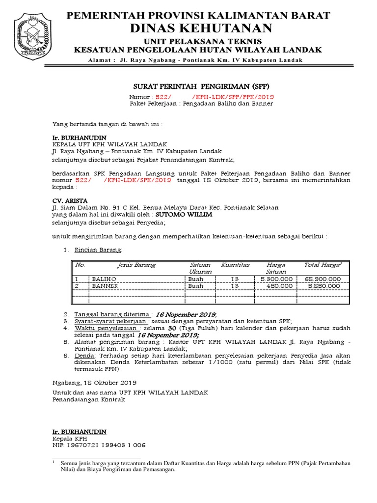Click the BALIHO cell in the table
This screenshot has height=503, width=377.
pos(103,279)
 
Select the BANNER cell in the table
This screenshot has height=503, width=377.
pos(105,286)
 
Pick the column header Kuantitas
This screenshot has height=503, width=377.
pos(235,265)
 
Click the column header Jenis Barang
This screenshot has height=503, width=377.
pos(135,265)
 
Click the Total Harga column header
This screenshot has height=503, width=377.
pos(323,265)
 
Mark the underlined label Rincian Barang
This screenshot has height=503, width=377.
pos(97,250)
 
